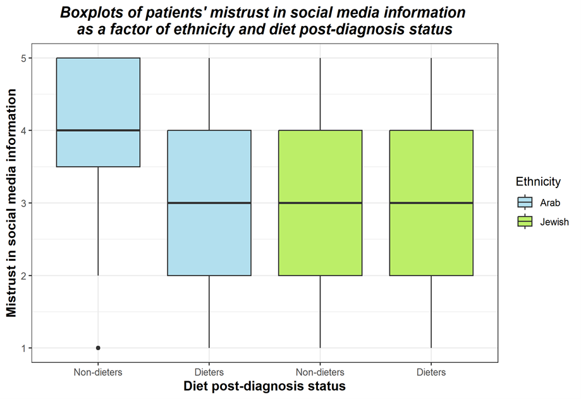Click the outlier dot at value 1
98,348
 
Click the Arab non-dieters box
98,95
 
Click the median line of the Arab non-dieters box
98,130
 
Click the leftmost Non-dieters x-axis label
98,372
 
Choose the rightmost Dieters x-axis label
431,372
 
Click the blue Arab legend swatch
525,203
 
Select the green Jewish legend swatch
525,222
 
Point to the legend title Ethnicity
538,182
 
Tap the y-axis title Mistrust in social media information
11,203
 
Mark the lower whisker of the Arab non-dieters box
98,222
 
